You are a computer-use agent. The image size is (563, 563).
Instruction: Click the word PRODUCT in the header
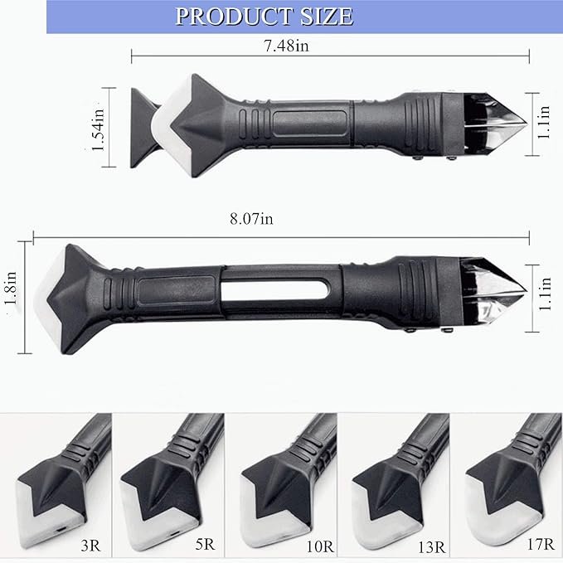tap(233, 16)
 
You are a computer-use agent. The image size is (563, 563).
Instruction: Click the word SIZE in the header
tap(327, 16)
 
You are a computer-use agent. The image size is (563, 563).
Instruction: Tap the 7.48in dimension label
tap(286, 46)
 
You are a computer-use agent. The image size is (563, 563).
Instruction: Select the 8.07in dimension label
tap(251, 218)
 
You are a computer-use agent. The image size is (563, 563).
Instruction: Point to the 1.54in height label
tap(98, 129)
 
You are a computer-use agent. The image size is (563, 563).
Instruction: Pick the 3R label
tap(91, 546)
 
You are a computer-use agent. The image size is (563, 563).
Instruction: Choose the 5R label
tap(205, 544)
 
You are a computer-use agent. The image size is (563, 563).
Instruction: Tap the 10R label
tap(320, 547)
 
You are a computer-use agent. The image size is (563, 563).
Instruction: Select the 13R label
tap(431, 547)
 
